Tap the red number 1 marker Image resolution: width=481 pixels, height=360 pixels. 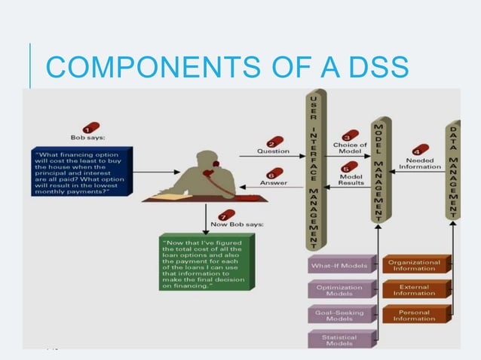pos(91,127)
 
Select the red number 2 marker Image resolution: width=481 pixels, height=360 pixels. pos(275,142)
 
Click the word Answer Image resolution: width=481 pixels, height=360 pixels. pos(272,182)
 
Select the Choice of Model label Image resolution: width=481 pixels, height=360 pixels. pos(350,148)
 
